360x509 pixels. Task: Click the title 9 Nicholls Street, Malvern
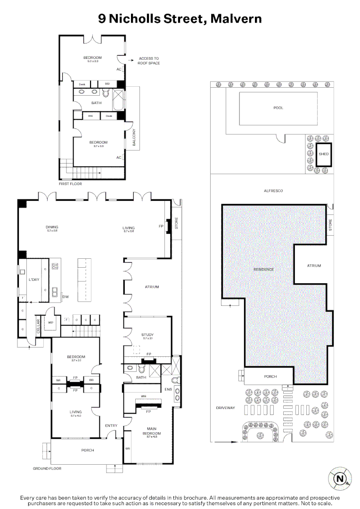pos(180,18)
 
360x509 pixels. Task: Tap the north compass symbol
pos(339,478)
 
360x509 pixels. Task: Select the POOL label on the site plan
pos(278,108)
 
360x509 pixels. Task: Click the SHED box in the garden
pos(323,154)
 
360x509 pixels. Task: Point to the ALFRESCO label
pos(272,191)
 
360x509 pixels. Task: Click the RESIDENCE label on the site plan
pos(263,269)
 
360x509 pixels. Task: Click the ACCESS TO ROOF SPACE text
pos(148,60)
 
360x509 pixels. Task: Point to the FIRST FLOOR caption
pos(70,184)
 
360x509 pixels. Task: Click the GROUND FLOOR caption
pos(47,468)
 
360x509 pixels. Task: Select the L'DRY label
pos(33,280)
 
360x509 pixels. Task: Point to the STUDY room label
pos(147,336)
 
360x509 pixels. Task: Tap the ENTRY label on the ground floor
pos(111,426)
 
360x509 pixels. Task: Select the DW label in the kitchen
pos(65,296)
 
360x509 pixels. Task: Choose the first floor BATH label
pos(96,102)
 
